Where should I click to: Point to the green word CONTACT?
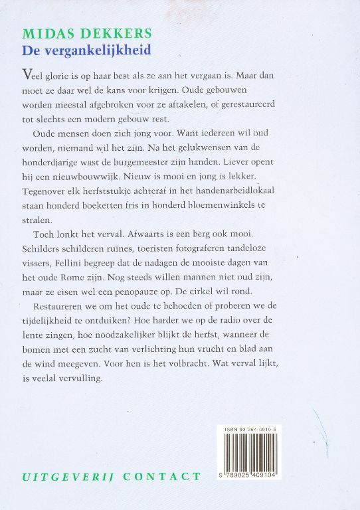pyautogui.click(x=161, y=476)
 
